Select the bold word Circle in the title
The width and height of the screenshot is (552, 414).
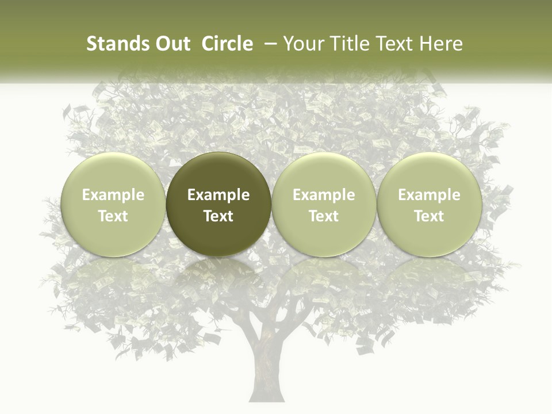coord(228,44)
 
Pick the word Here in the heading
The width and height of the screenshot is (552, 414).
coord(440,44)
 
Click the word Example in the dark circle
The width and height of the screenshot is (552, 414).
coord(218,195)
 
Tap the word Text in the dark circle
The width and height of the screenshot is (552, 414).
coord(218,216)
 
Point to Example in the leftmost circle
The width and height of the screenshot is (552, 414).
coord(113,195)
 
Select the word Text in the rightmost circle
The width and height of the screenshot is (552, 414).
coord(429,216)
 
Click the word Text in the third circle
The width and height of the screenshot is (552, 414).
coord(324,216)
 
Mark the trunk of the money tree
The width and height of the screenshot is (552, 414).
coord(266,362)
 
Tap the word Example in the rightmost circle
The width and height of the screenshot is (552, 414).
coord(429,195)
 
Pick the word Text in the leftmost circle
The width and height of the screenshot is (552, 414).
coord(113,216)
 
